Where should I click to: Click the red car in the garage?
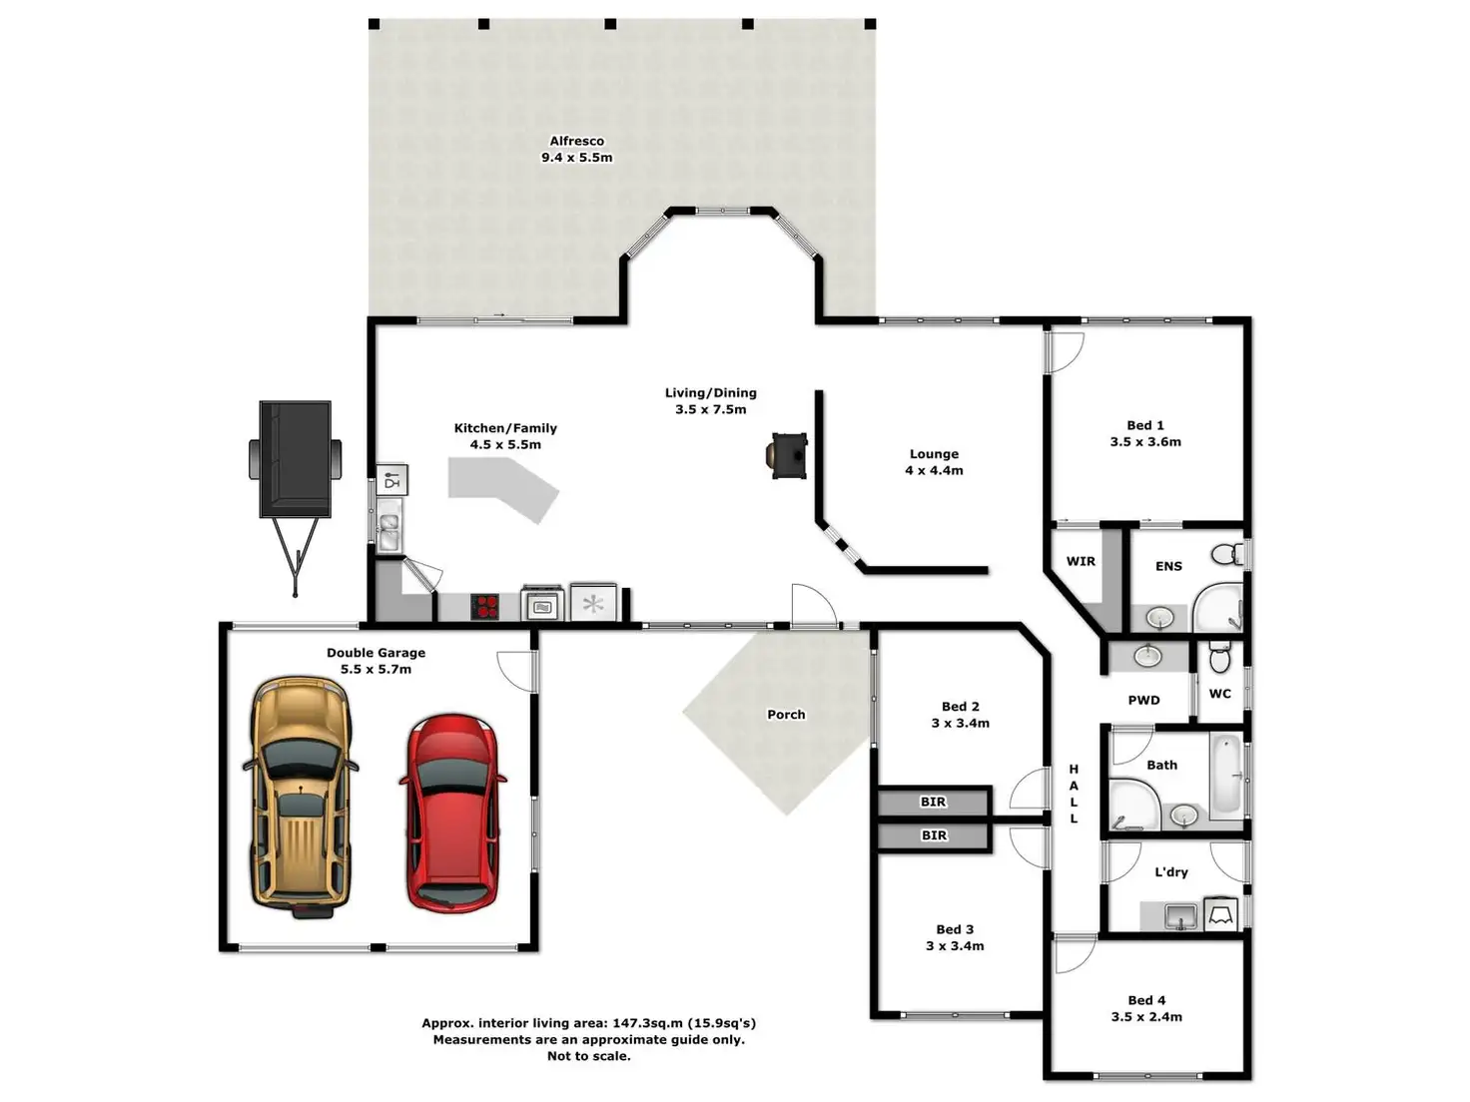point(452,813)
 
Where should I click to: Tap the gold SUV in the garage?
point(301,797)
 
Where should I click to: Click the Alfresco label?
point(576,141)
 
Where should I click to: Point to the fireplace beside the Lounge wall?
point(787,455)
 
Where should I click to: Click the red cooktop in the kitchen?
point(485,607)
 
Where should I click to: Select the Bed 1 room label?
point(1145,425)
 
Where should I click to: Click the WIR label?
point(1081,561)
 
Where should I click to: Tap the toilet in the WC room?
point(1219,657)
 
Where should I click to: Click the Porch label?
point(786,715)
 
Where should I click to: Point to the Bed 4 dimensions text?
point(1146,1017)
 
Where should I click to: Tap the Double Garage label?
point(375,653)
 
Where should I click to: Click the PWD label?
point(1143,701)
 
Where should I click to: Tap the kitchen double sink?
point(389,532)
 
